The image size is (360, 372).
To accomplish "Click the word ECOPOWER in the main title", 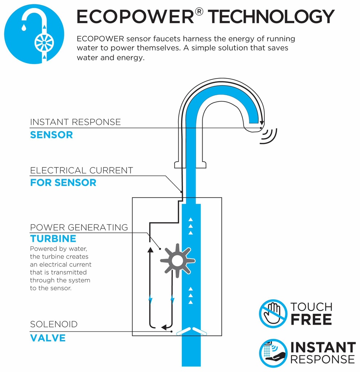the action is tap(135, 17).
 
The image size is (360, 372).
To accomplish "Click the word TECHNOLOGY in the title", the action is tap(271, 17).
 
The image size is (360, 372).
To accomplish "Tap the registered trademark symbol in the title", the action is tap(199, 12).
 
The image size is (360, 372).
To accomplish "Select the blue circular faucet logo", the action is tap(34, 34).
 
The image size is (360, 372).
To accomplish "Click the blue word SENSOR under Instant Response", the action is tap(52, 135).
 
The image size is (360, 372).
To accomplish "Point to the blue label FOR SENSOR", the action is tap(63, 183).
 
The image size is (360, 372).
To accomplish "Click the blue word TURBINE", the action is tap(53, 238).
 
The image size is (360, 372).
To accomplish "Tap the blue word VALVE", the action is tap(48, 338).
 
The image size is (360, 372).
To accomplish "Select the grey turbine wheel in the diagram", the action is tap(177, 260).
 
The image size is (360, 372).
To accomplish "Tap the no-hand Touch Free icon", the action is tap(273, 314).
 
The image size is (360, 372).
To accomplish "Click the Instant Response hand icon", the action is tap(273, 353).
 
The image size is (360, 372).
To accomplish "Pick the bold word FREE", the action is tap(311, 319).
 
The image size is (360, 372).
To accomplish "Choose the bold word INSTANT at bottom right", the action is tap(323, 347).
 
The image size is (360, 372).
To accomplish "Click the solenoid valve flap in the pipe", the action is tap(191, 331).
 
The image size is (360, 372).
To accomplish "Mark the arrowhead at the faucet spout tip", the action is tap(262, 123).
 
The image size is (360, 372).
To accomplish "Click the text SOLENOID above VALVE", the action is tap(54, 324).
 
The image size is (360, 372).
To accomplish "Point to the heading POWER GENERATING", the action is tap(79, 227).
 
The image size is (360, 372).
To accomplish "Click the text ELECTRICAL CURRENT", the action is tap(81, 170).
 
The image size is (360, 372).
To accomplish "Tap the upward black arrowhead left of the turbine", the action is tap(150, 250).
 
